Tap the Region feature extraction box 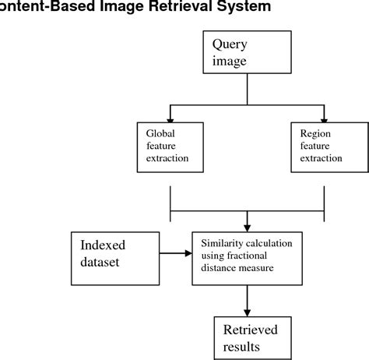click(x=322, y=146)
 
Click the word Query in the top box click(x=231, y=44)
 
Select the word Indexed click(x=103, y=245)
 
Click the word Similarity click(x=224, y=243)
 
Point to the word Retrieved click(x=251, y=330)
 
